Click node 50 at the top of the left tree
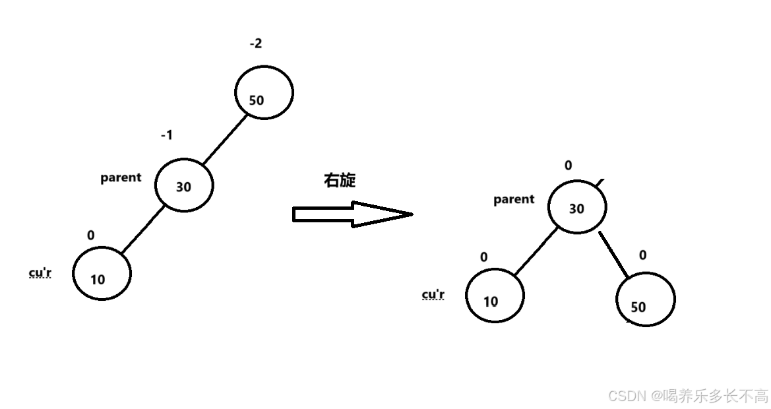(264, 92)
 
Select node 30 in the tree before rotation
(184, 185)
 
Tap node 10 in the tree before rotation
(102, 273)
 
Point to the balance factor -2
(255, 44)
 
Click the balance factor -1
(167, 135)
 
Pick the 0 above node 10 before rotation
(91, 236)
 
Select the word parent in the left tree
(121, 177)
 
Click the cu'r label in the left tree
(40, 273)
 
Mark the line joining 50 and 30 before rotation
(225, 140)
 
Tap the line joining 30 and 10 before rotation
(142, 229)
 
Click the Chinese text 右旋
(340, 181)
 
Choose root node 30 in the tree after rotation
(576, 207)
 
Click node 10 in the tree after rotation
(495, 296)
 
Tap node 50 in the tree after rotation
(645, 300)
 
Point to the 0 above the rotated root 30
(569, 166)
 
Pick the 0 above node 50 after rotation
(643, 255)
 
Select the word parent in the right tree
(514, 199)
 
